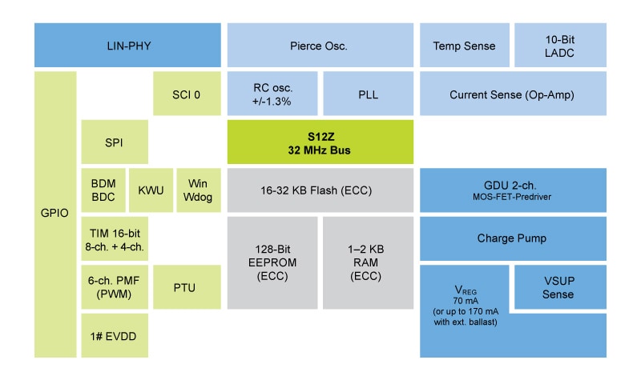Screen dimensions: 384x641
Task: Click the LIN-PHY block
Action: click(127, 46)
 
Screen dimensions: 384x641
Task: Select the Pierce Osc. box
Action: click(318, 46)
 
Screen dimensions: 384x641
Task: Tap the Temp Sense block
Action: click(463, 46)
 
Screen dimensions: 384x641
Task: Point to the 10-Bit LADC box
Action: click(560, 46)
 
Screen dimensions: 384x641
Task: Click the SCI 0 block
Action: click(186, 94)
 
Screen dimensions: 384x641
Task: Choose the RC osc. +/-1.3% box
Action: click(272, 94)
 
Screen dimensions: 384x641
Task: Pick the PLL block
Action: click(368, 94)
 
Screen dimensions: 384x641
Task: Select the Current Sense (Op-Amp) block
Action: click(512, 94)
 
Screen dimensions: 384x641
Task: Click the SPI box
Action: click(114, 142)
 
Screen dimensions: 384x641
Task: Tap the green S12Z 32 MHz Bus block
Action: click(320, 142)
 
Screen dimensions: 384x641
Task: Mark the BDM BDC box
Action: click(103, 190)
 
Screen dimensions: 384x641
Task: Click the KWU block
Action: click(150, 190)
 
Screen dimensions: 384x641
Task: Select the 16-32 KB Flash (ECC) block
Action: click(320, 190)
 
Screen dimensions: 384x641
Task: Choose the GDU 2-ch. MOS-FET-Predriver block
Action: click(512, 190)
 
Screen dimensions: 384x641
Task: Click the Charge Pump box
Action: click(512, 238)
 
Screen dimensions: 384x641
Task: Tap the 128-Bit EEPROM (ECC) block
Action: click(272, 262)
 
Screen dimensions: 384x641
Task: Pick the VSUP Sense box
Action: click(558, 287)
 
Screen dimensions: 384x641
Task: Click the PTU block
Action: click(186, 287)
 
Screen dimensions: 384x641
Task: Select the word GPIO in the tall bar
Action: click(54, 214)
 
